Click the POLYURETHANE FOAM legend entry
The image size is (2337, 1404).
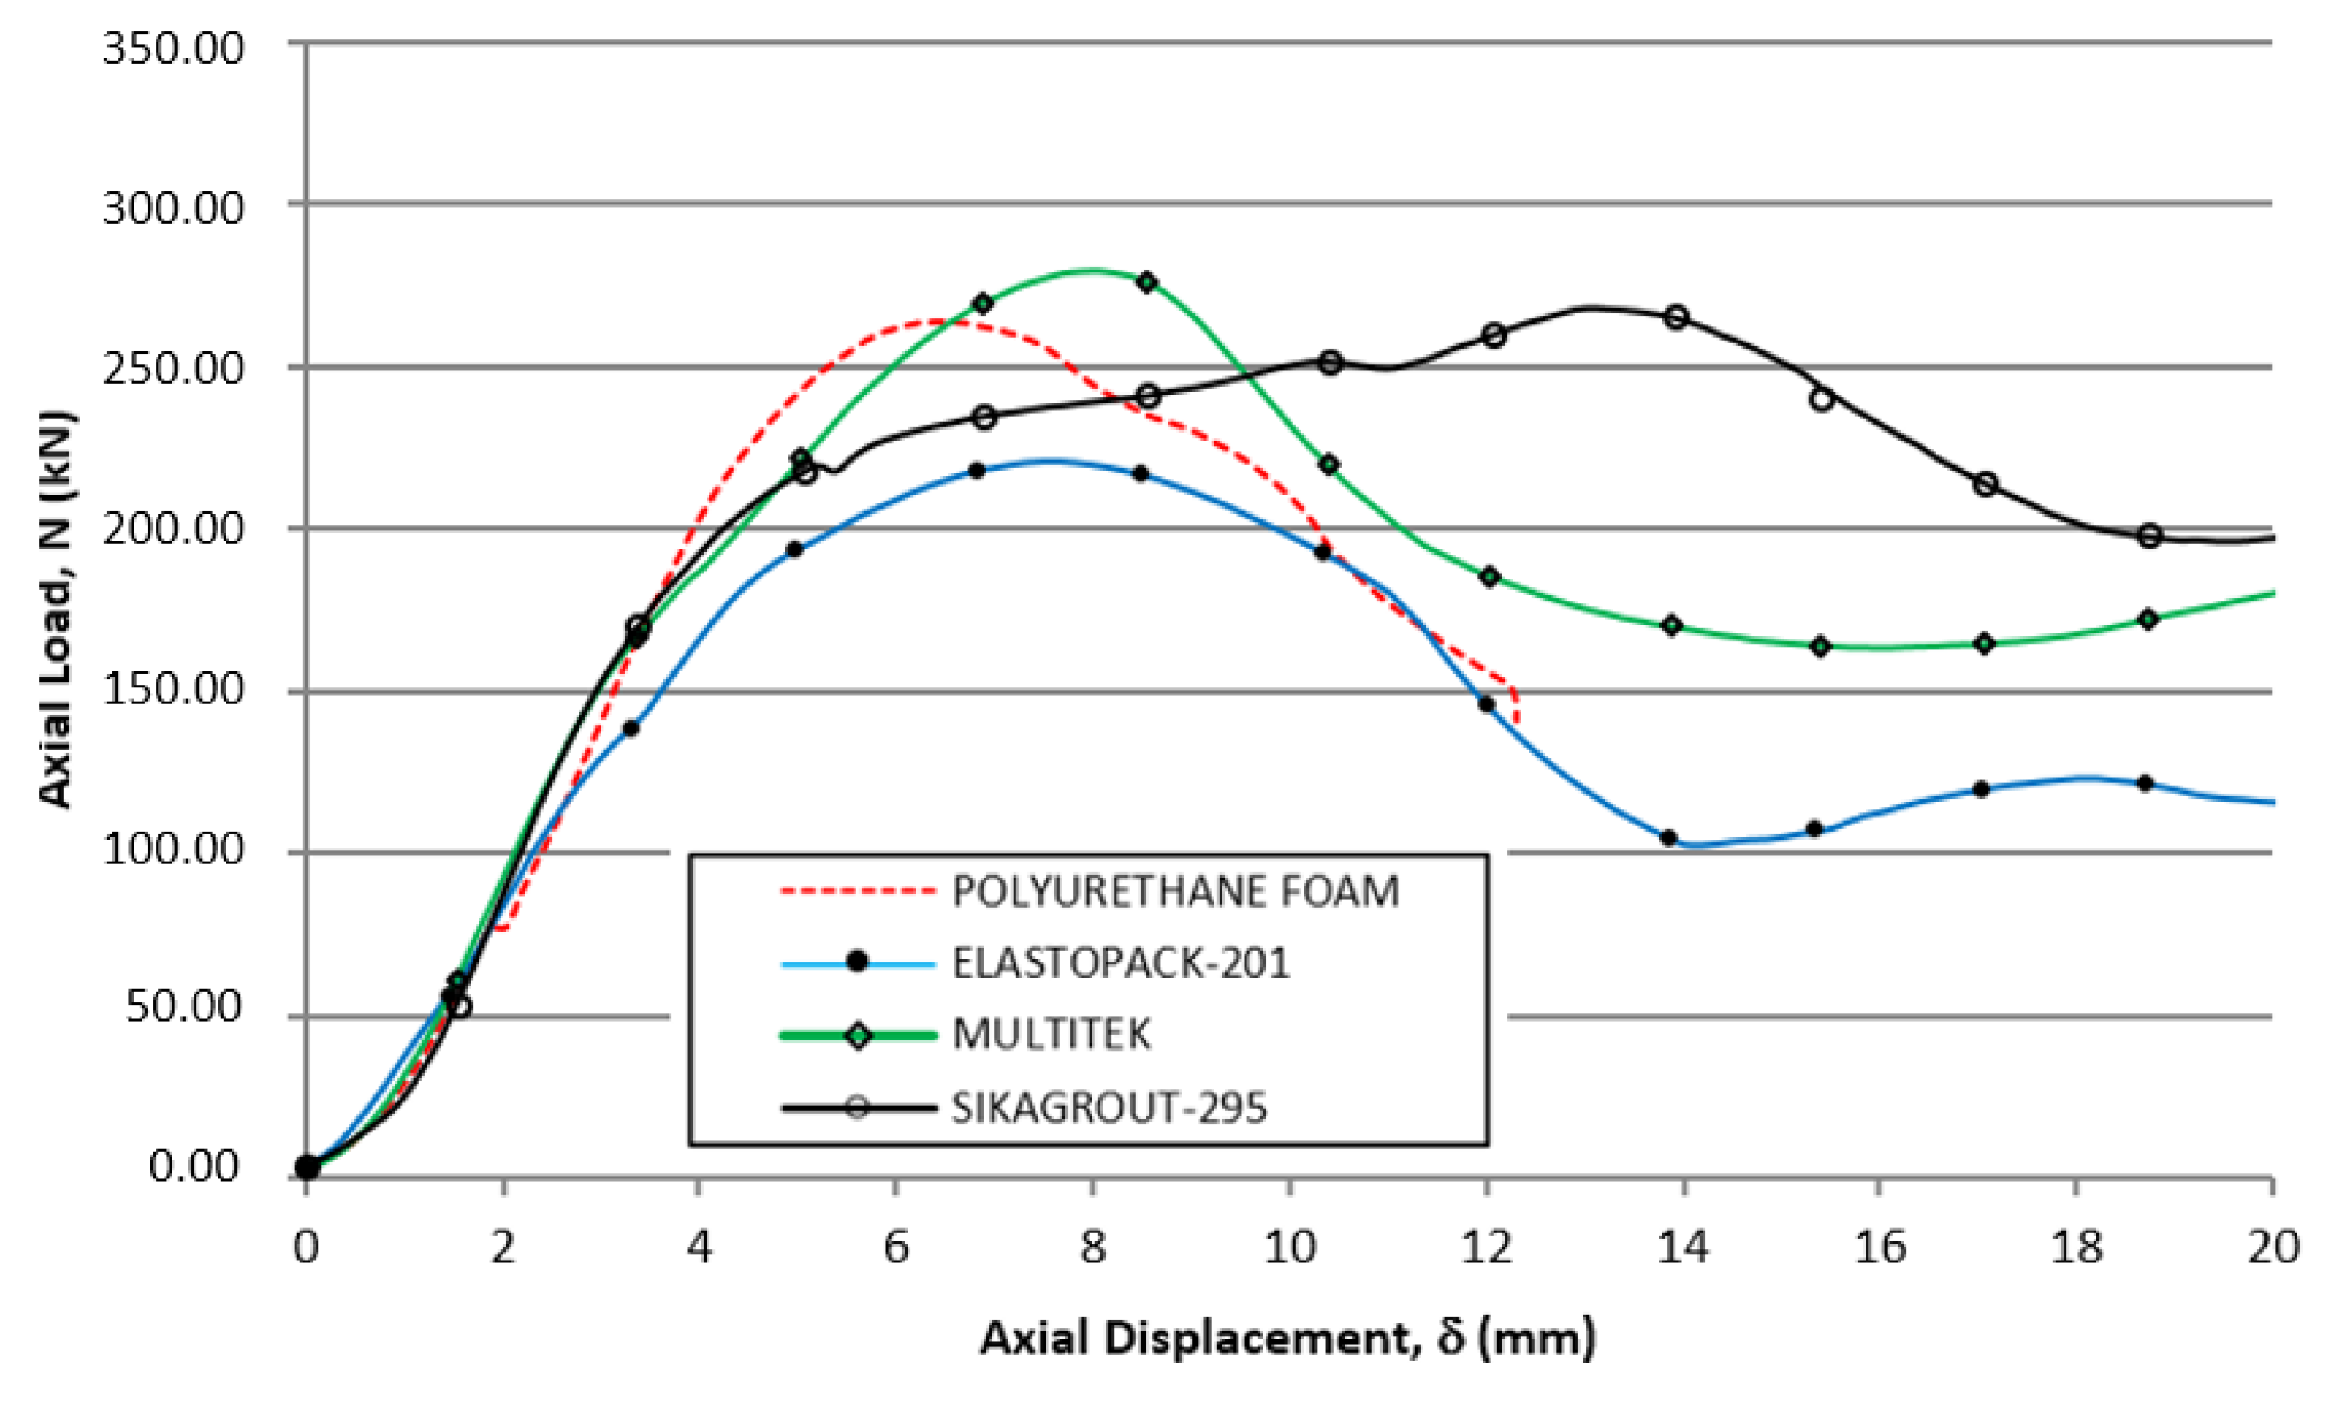pos(1175,891)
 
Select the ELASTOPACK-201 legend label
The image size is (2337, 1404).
pos(1120,963)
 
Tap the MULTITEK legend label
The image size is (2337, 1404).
pos(1051,1034)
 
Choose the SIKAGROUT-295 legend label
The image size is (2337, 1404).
pos(1108,1107)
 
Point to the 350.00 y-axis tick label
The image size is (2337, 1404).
pos(173,47)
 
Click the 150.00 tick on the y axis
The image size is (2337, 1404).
pos(173,689)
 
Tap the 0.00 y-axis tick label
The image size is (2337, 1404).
pos(195,1166)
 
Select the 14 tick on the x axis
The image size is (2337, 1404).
pos(1682,1247)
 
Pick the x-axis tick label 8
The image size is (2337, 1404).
pos(1092,1247)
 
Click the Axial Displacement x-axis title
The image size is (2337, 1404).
pos(1287,1338)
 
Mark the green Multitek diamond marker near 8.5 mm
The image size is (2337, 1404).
pos(1147,282)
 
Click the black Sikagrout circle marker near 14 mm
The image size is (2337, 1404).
pos(1676,317)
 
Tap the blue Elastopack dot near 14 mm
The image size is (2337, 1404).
pos(1668,837)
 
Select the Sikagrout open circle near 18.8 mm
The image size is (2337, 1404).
pos(2149,536)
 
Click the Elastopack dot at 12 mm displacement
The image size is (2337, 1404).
pos(1486,704)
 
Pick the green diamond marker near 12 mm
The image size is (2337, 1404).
pos(1490,577)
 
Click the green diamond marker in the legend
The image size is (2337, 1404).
pos(858,1035)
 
